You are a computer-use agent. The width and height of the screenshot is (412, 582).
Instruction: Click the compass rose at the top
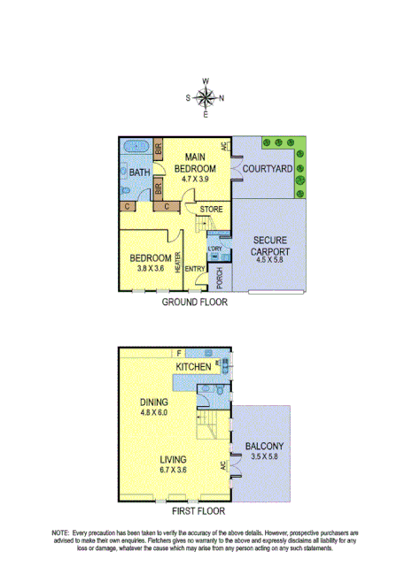(x=206, y=97)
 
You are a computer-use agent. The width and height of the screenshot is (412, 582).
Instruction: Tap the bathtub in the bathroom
(x=136, y=147)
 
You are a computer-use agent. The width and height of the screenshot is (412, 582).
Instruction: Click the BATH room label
(x=138, y=173)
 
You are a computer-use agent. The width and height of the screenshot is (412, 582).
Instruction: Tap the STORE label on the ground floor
(x=211, y=210)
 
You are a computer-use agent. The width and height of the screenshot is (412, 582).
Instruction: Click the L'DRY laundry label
(x=214, y=249)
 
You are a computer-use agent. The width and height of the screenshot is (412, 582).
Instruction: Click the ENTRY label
(x=195, y=270)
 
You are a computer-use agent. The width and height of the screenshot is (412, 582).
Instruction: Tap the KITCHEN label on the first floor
(x=193, y=366)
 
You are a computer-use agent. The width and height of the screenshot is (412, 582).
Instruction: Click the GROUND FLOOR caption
(x=194, y=302)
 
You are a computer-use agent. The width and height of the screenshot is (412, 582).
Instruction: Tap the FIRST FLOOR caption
(x=199, y=510)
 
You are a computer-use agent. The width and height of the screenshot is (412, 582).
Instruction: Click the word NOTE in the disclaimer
(x=60, y=534)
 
